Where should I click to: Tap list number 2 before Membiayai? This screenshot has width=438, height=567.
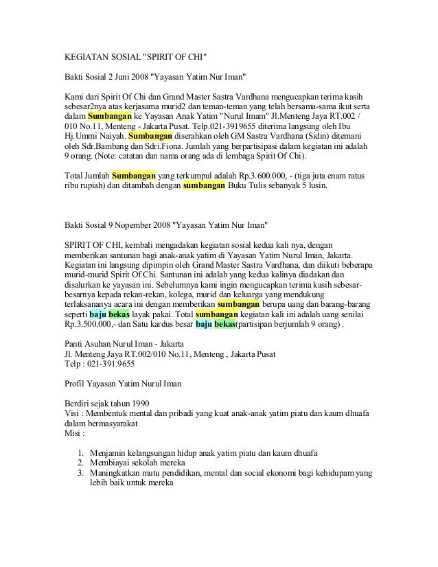(81, 463)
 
